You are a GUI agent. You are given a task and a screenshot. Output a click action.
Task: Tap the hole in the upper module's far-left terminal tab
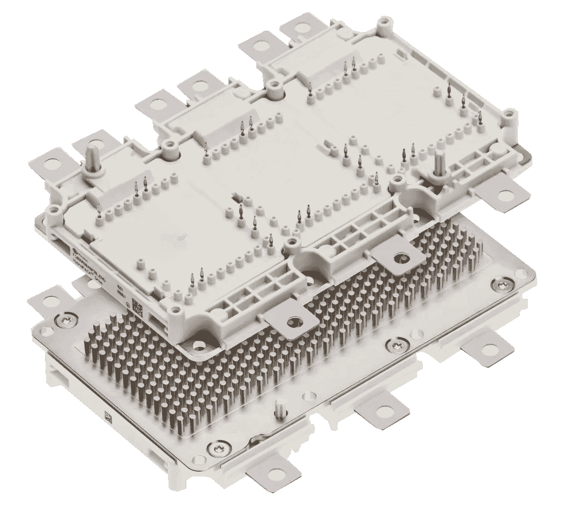coord(49,162)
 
